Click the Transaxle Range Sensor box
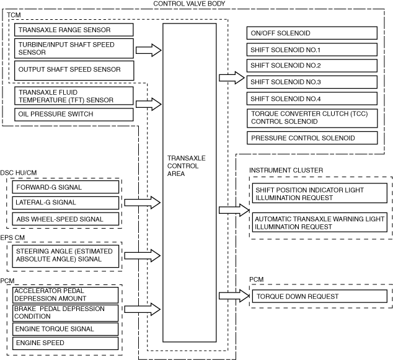pos(73,30)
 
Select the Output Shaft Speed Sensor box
pos(73,69)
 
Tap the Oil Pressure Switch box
pos(73,114)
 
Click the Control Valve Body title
pos(188,4)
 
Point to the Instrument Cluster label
pos(286,170)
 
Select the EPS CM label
pos(14,236)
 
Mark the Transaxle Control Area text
pos(187,166)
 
